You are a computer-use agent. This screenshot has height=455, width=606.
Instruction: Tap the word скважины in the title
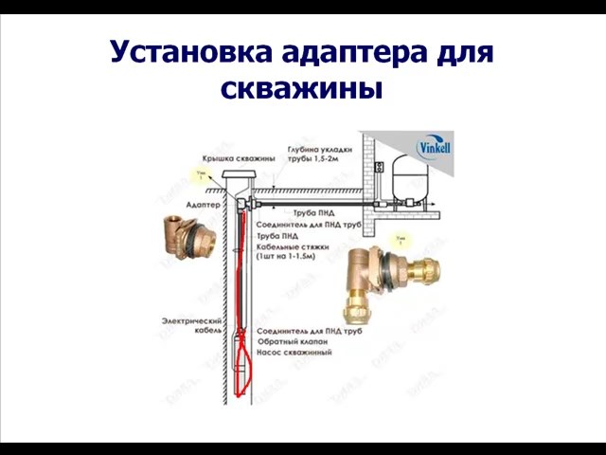302,89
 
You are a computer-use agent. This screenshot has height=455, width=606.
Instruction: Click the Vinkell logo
435,148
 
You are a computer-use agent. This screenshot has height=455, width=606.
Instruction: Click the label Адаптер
204,204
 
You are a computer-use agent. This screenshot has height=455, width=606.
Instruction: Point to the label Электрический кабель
190,326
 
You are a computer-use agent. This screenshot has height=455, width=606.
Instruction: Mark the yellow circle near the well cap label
198,175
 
